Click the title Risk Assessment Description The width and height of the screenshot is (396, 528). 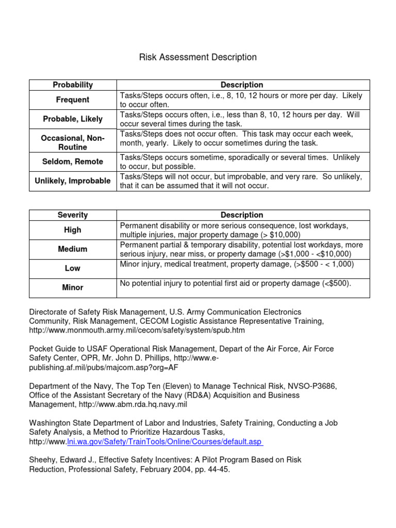(198, 57)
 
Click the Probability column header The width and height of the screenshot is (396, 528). (73, 85)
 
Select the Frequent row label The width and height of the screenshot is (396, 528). (73, 100)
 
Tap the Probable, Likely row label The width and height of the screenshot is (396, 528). (73, 119)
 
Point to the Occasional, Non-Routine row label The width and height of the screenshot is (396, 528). (73, 143)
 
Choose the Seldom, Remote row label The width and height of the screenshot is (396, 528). (73, 161)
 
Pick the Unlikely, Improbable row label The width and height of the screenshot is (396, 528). (73, 181)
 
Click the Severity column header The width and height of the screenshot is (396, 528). (73, 215)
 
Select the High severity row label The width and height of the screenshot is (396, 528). (73, 230)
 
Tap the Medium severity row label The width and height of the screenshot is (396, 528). (73, 249)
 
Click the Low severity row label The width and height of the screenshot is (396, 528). (73, 268)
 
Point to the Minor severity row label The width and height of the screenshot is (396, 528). (73, 287)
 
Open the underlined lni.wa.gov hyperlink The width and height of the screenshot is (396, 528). (165, 442)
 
